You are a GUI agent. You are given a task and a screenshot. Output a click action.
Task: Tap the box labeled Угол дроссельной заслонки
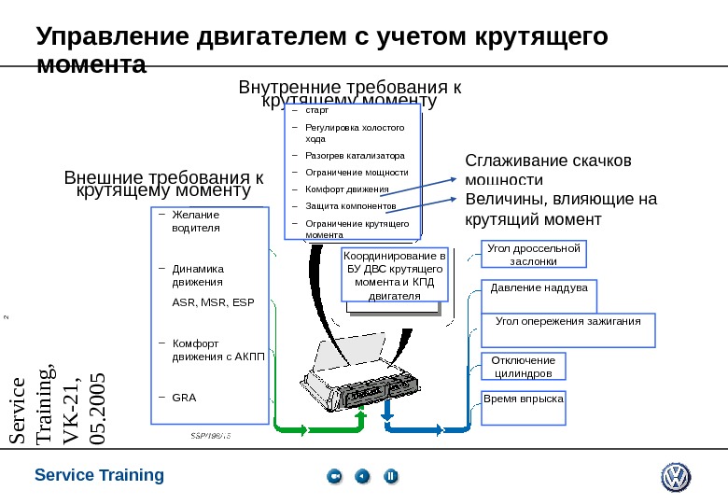coord(534,255)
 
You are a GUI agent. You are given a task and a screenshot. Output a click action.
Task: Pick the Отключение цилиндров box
coord(523,366)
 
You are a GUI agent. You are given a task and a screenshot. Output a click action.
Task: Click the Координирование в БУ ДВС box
coord(395,275)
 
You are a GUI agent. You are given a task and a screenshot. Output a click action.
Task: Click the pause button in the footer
coord(391,477)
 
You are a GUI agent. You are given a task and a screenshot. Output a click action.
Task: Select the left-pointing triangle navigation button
coord(362,477)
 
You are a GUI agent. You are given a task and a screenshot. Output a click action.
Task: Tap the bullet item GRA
coord(185,397)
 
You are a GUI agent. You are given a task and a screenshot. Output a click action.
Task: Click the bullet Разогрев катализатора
coord(355,155)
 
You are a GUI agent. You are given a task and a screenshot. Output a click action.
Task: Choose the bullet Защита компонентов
coord(351,205)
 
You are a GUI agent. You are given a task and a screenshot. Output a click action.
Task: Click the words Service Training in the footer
coord(99,475)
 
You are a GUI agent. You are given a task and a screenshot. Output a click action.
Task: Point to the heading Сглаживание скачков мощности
coord(549,169)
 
